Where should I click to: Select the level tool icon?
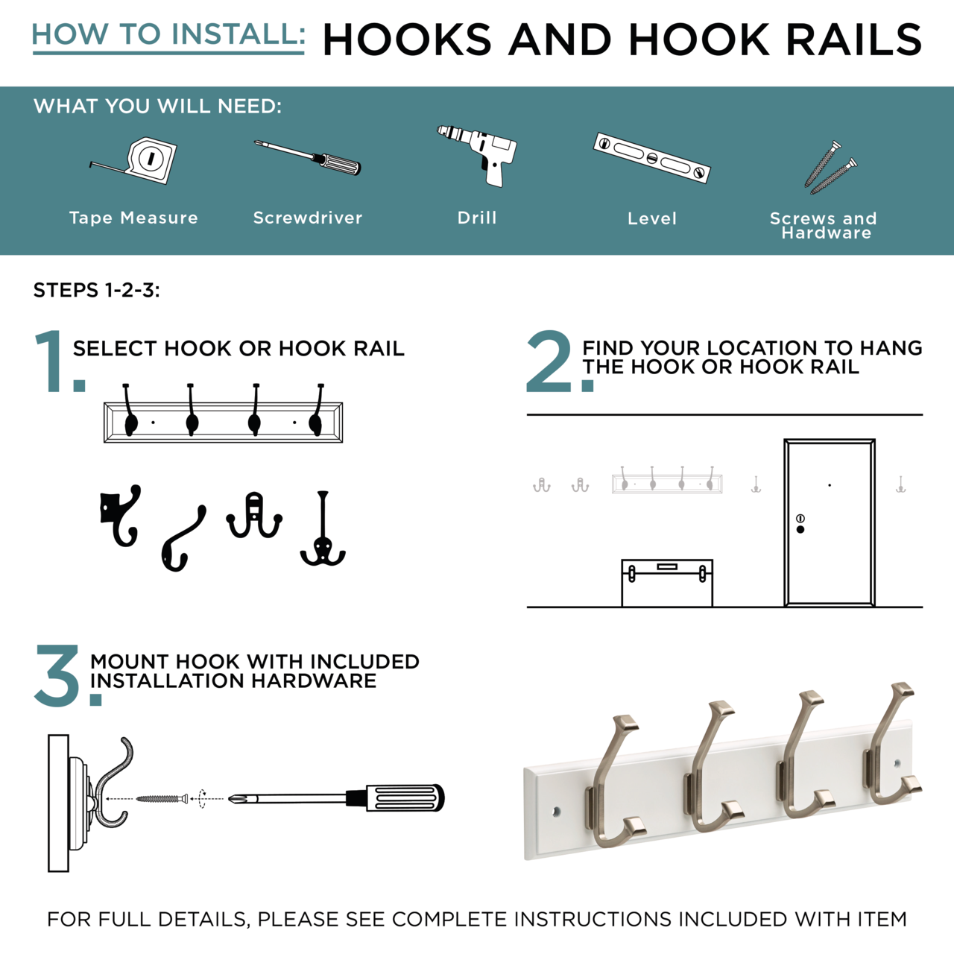tap(652, 158)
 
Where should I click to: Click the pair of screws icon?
tap(830, 168)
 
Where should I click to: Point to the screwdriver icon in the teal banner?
tap(307, 158)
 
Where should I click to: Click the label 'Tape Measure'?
tap(133, 218)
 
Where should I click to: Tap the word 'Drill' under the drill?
tap(477, 218)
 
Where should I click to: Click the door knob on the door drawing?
tap(800, 530)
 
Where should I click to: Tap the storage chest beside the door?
tap(667, 583)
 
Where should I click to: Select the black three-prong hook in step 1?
tap(323, 530)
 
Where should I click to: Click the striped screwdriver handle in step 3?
tap(405, 798)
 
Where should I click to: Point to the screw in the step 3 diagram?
tap(162, 798)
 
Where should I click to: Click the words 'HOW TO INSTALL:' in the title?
tap(168, 34)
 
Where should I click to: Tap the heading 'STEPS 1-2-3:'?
tap(97, 290)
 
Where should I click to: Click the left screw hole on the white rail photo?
tap(556, 812)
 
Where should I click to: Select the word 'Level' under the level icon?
tap(652, 218)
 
